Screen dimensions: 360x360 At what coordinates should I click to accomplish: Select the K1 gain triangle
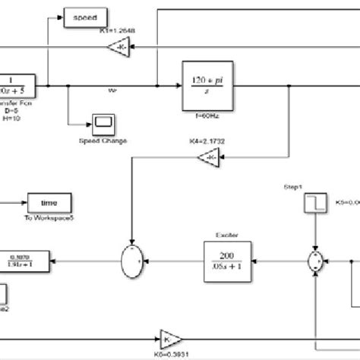tap(116, 49)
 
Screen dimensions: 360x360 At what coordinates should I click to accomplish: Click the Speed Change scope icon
tap(103, 122)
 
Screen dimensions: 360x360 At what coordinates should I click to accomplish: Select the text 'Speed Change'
tap(103, 140)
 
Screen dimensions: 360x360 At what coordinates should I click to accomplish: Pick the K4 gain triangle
tap(207, 156)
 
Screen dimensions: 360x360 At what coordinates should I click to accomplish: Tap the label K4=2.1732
tap(204, 142)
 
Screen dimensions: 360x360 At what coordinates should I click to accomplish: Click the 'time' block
tap(50, 204)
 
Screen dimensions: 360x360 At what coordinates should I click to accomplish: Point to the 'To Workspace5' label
tap(51, 219)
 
